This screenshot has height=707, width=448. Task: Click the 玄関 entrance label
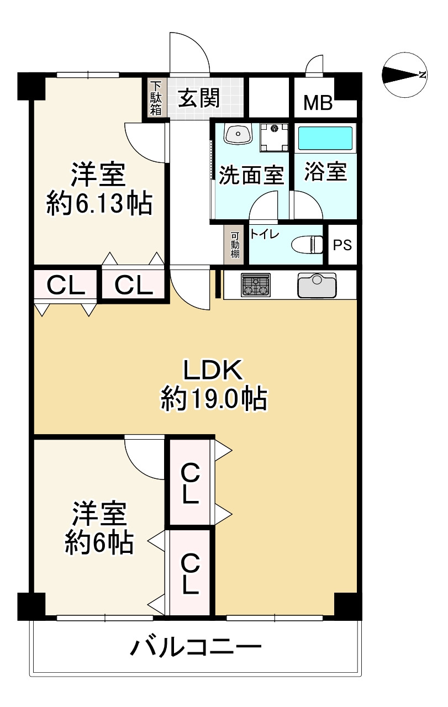[199, 99]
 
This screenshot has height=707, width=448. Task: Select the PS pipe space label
[342, 245]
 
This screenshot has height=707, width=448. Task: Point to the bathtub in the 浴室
[325, 138]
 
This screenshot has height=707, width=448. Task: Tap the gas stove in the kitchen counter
[256, 286]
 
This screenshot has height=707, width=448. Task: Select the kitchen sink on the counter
[317, 284]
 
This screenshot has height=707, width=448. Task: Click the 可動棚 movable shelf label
[235, 245]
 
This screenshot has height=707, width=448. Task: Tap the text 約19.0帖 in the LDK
[214, 398]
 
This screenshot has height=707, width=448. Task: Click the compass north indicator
[406, 75]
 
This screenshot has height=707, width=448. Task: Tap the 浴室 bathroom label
[326, 173]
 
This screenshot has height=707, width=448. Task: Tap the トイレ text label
[265, 234]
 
